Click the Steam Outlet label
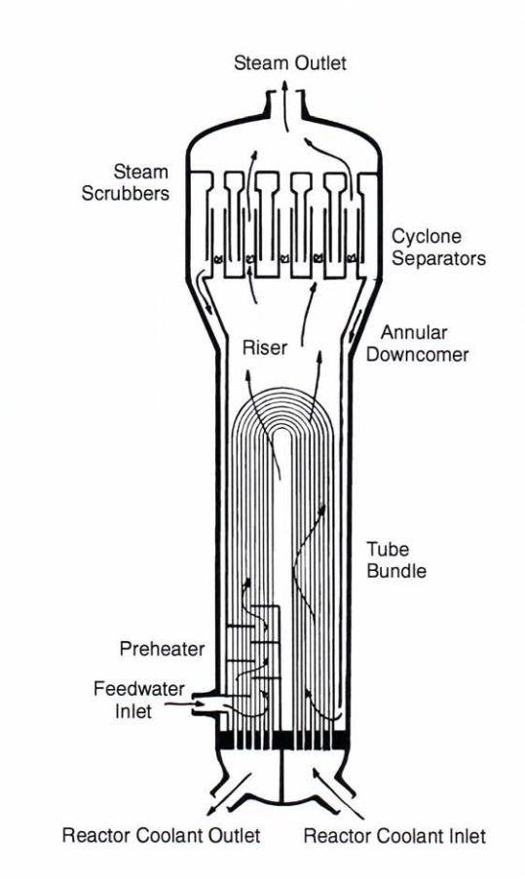[289, 62]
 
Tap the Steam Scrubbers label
[126, 182]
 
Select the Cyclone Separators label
[438, 248]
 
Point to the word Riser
[265, 347]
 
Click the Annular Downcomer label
[418, 344]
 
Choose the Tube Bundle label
[396, 559]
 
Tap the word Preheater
[162, 649]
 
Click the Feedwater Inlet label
[139, 700]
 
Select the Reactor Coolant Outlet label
[161, 835]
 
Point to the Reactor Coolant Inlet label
[394, 836]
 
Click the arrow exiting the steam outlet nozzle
[285, 105]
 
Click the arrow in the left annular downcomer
[206, 298]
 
